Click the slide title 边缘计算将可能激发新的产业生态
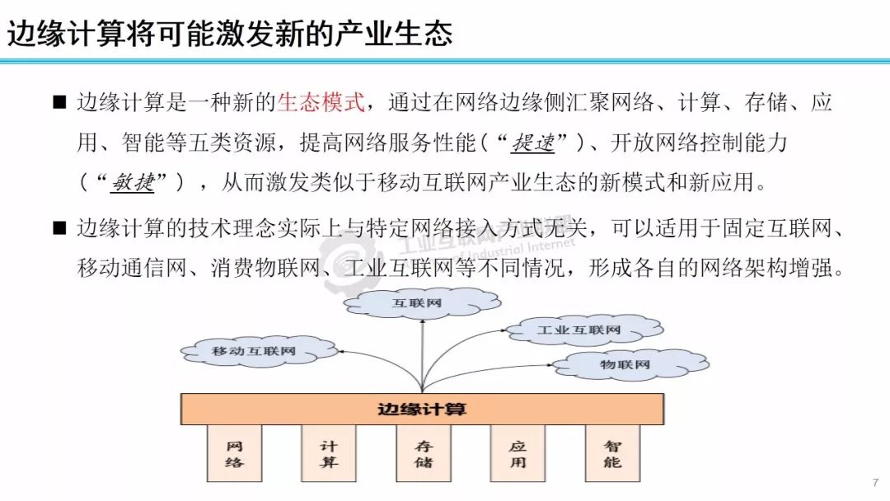[231, 33]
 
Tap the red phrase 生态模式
[320, 103]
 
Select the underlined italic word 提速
[534, 143]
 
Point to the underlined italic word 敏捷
[133, 183]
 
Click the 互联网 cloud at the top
[421, 303]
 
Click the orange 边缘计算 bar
[421, 409]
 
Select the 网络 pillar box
[235, 454]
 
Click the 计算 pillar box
[329, 454]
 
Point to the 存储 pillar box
[424, 454]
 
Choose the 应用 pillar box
[518, 454]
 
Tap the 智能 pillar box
[612, 454]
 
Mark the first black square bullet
[59, 103]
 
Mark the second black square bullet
[59, 227]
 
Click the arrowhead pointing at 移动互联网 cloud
[342, 352]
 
